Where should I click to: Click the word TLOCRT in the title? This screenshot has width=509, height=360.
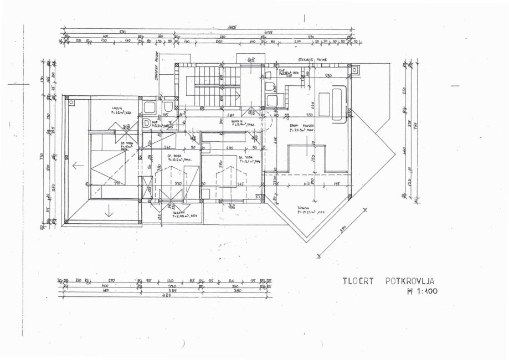[x=358, y=281]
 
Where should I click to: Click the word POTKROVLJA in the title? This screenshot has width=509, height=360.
[x=410, y=281]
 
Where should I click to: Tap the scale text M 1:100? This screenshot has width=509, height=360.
[x=421, y=291]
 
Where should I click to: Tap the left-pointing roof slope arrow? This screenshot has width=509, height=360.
[x=78, y=165]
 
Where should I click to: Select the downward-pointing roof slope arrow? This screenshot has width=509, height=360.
[x=109, y=211]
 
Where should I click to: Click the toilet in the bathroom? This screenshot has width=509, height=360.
[x=168, y=106]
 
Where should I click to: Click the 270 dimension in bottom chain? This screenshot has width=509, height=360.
[x=111, y=281]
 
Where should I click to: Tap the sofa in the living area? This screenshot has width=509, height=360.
[x=338, y=103]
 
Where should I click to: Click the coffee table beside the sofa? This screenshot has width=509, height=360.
[x=325, y=104]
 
